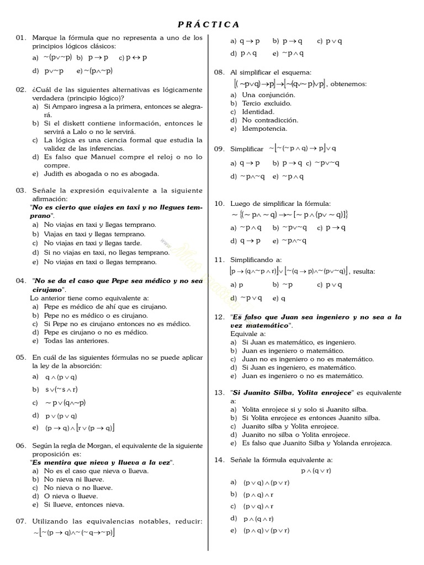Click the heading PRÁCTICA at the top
pyautogui.click(x=209, y=24)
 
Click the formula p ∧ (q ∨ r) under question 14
pyautogui.click(x=316, y=471)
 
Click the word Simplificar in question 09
pyautogui.click(x=247, y=149)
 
